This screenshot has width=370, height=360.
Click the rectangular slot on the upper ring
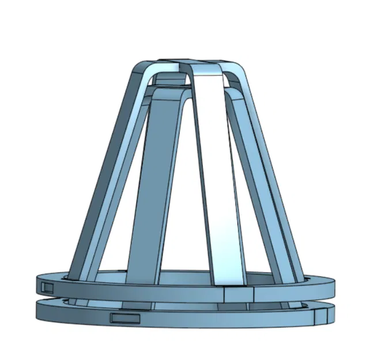tap(46, 286)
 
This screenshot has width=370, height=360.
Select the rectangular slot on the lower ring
tap(125, 317)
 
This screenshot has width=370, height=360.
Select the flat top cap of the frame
tap(190, 62)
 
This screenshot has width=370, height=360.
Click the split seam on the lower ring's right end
tap(319, 316)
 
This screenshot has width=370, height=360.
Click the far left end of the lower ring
tap(38, 311)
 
